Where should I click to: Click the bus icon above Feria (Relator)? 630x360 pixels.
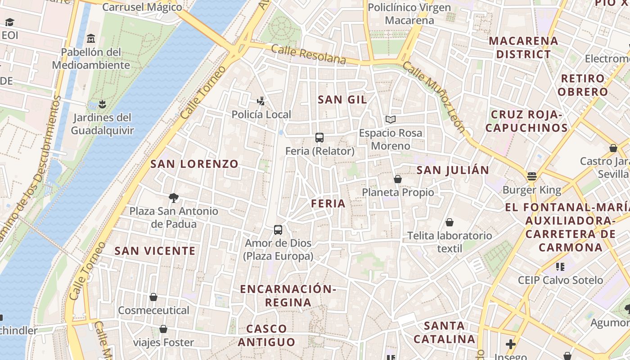[x=319, y=138]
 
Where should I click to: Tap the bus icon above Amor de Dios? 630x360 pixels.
[x=278, y=230]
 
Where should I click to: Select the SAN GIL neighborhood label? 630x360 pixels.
[x=342, y=100]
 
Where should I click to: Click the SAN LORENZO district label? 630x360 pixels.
[x=194, y=164]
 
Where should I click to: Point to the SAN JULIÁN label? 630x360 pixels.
[x=453, y=170]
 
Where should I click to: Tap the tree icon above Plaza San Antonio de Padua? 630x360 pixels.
[x=173, y=198]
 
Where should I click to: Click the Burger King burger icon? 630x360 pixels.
[x=532, y=176]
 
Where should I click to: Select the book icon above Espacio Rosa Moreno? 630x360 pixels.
[x=391, y=120]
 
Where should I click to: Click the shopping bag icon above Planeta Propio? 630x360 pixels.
[x=398, y=179]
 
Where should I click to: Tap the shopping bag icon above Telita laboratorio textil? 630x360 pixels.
[x=449, y=222]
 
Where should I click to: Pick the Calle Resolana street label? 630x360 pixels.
[x=309, y=54]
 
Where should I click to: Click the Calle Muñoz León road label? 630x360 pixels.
[x=433, y=97]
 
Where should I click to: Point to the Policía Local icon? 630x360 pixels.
[x=261, y=101]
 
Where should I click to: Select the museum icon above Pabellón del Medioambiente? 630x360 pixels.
[x=91, y=39]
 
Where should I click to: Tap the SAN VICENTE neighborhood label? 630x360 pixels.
[x=155, y=251]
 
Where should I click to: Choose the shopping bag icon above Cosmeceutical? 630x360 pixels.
[x=153, y=297]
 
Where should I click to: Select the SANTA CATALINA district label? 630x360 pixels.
[x=445, y=332]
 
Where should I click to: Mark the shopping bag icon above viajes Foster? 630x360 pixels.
[x=163, y=329]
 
